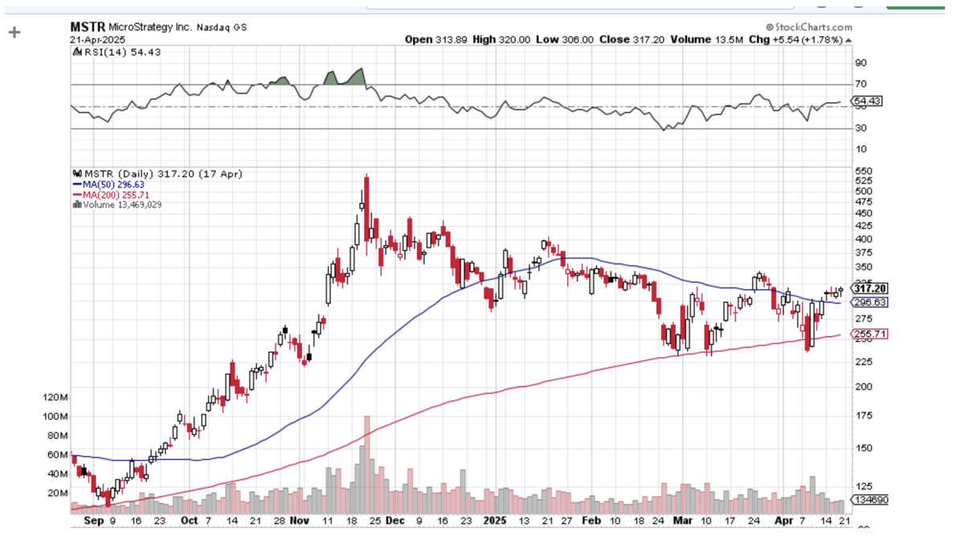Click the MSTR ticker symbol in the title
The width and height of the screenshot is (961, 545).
coord(88,27)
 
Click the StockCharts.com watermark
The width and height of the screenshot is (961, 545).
coord(809,27)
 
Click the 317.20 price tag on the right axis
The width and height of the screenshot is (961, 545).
coord(869,289)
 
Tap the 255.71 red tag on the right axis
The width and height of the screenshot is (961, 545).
coord(869,334)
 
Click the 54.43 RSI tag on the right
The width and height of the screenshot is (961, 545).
coord(868,102)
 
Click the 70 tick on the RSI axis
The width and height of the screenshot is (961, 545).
coord(860,84)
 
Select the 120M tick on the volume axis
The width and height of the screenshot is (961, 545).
coord(55,398)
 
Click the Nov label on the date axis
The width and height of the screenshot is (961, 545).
coord(299,520)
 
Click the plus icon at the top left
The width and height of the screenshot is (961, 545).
coord(14,33)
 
